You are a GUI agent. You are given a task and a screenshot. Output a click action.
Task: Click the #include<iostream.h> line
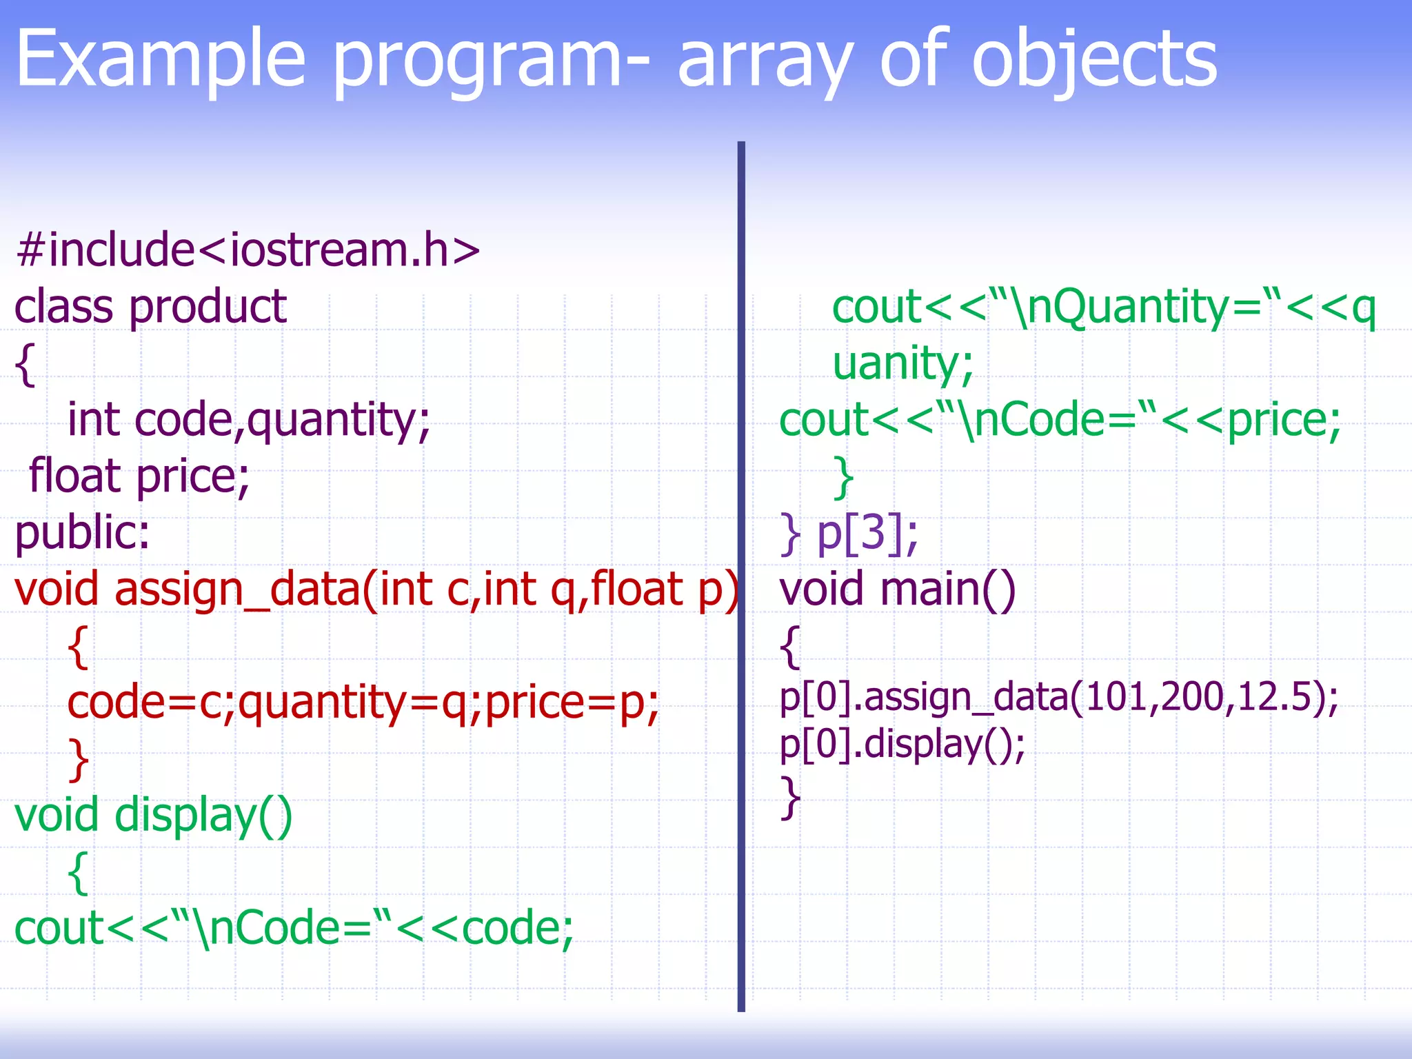pyautogui.click(x=248, y=250)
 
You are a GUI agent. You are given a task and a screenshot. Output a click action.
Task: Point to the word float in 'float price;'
pyautogui.click(x=74, y=476)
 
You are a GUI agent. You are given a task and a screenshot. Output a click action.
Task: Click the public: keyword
pyautogui.click(x=82, y=533)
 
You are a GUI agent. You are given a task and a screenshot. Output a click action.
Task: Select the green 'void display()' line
pyautogui.click(x=154, y=816)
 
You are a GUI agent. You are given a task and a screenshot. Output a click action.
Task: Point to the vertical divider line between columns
pyautogui.click(x=741, y=572)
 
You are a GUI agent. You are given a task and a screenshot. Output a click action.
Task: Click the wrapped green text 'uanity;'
pyautogui.click(x=902, y=363)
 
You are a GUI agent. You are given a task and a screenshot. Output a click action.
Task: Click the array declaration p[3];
pyautogui.click(x=867, y=533)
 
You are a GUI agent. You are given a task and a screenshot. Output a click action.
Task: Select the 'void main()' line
pyautogui.click(x=897, y=590)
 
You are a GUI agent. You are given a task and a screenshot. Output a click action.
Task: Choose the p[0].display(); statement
pyautogui.click(x=902, y=745)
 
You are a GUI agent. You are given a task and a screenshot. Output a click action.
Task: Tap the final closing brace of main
pyautogui.click(x=790, y=797)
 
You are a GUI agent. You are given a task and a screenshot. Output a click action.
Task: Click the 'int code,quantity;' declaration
pyautogui.click(x=248, y=420)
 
